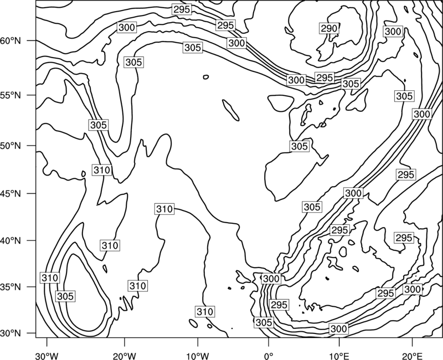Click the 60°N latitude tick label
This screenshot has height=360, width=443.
click(11, 41)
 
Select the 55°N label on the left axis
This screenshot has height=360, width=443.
click(11, 95)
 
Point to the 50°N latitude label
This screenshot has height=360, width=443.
click(11, 146)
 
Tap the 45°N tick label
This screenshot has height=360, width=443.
click(11, 194)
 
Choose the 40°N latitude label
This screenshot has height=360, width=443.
click(11, 241)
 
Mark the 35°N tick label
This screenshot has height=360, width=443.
click(11, 287)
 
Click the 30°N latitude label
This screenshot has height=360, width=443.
click(11, 333)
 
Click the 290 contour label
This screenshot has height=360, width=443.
click(329, 29)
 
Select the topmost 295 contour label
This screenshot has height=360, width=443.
click(182, 9)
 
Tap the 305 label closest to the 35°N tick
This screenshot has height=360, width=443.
click(65, 296)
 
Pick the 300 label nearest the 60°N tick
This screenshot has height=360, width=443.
click(127, 27)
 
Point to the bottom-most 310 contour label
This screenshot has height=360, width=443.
click(205, 312)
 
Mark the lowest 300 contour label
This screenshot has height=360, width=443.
click(338, 329)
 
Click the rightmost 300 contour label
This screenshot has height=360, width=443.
click(422, 115)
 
